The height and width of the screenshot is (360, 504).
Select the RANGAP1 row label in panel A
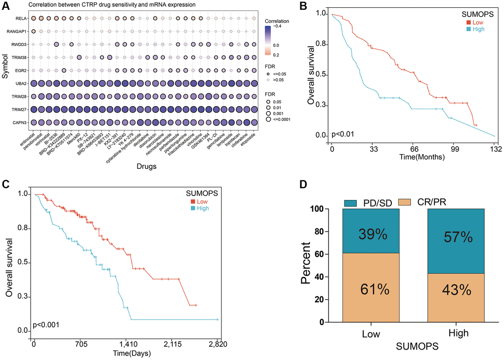[x=16, y=32]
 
